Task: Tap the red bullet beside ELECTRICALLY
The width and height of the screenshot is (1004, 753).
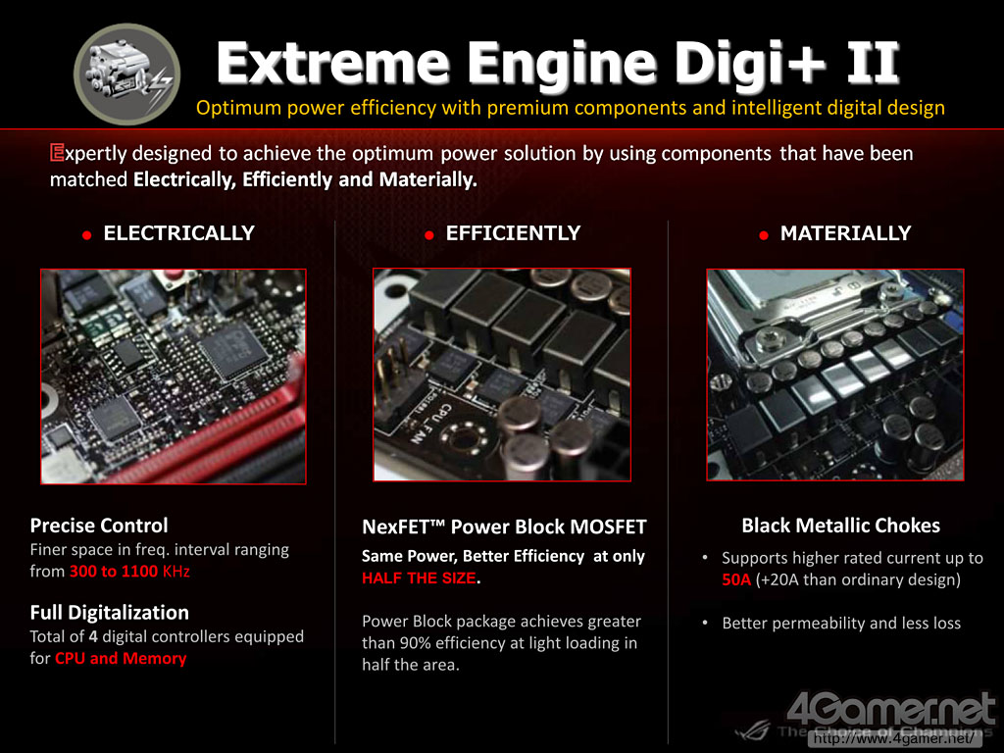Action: pos(87,235)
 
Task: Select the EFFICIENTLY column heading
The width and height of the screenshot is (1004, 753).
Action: pos(513,233)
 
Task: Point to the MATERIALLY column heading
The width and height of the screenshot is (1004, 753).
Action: pos(845,233)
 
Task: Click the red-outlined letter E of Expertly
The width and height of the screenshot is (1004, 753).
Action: pos(57,153)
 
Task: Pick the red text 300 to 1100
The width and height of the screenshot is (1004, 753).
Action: pos(114,572)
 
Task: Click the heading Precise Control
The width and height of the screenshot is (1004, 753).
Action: pos(99,526)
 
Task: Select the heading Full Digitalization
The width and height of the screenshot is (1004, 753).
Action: pos(110,613)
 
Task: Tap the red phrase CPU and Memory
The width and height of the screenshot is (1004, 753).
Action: pos(121,658)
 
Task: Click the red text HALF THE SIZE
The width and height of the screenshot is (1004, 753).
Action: pos(419,578)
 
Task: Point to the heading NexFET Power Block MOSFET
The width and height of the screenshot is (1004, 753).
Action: pos(505,527)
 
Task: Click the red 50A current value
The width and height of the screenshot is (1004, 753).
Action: pos(736,580)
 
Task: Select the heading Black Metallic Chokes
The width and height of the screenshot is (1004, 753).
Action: pos(840,526)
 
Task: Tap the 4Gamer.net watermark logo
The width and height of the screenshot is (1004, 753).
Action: pos(890,711)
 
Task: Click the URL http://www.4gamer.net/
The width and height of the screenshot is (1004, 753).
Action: pos(894,739)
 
